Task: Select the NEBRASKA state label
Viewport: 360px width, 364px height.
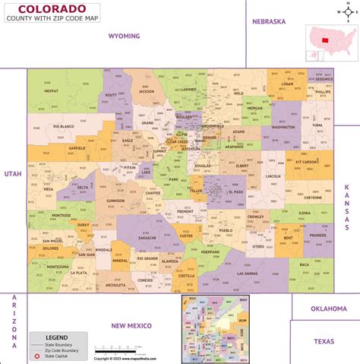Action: point(269,22)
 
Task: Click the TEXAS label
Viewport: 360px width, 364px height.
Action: point(325,341)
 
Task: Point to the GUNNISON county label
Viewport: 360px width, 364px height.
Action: point(115,201)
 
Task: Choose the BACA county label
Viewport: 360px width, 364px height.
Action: point(304,265)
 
